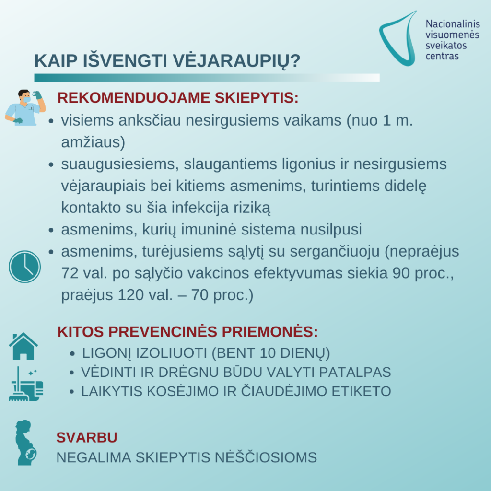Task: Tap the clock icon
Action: pyautogui.click(x=24, y=267)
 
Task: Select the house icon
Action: pyautogui.click(x=23, y=346)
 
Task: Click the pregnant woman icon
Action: pyautogui.click(x=25, y=443)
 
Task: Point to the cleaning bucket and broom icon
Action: pyautogui.click(x=26, y=384)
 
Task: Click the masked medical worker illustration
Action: pyautogui.click(x=24, y=108)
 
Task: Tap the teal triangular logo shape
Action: pyautogui.click(x=398, y=38)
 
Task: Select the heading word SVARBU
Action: pyautogui.click(x=87, y=437)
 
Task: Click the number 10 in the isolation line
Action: pyautogui.click(x=269, y=353)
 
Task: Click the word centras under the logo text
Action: pyautogui.click(x=442, y=56)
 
